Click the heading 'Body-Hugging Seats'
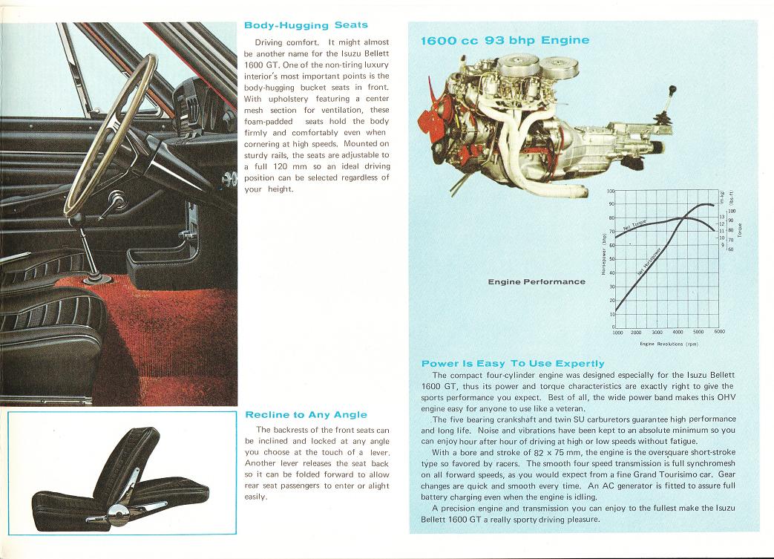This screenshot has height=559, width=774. pos(306,25)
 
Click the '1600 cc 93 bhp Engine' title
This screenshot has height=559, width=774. pos(505,40)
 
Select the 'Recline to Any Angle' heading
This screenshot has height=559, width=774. pos(306,414)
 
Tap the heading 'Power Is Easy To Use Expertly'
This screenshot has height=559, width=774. pos(513,363)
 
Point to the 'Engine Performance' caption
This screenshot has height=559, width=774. pos(537,282)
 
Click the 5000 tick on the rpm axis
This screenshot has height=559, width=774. pos(698,333)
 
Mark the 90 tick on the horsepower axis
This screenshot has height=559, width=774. pos(611,204)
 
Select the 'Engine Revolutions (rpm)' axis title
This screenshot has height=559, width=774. pos(669,344)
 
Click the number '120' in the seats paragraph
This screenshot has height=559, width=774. pos(279,166)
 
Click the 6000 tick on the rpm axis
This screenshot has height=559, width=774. pos(719,333)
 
